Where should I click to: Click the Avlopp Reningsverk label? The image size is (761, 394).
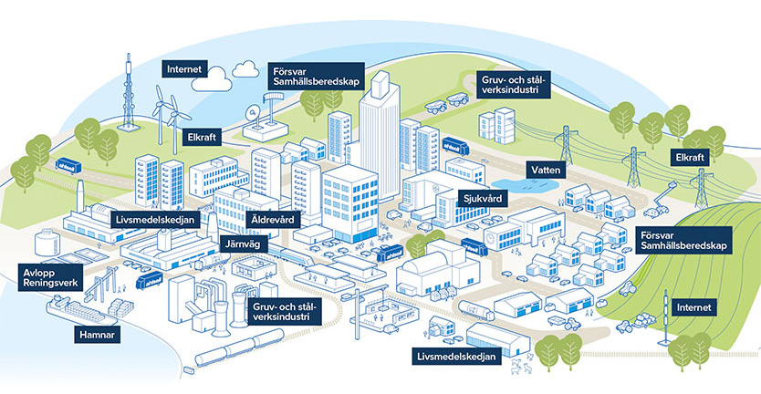[53, 277]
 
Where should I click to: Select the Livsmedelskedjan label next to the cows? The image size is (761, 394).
[456, 356]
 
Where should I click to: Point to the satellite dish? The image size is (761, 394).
[254, 116]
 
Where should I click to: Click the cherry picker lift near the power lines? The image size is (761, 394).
[659, 201]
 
